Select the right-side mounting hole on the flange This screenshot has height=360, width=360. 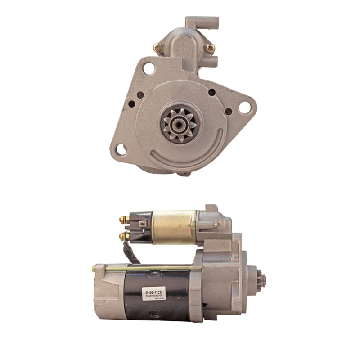[244, 107]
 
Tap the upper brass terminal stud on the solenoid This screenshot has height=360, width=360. [122, 220]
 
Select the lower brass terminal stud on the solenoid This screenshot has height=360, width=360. [122, 236]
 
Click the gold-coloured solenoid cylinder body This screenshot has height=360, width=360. [173, 225]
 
